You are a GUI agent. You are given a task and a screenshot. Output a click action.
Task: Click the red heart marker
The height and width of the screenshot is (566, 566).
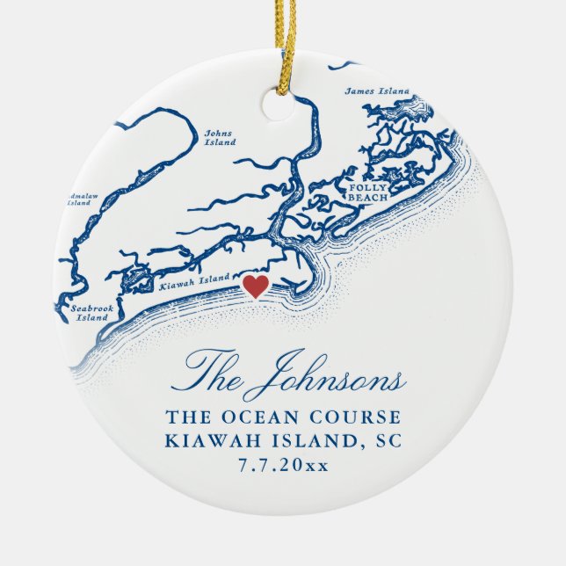point(254,286)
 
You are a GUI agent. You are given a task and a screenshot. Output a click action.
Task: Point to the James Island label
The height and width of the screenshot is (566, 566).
point(377,91)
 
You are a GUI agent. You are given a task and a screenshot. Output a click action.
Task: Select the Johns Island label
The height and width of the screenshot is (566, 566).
point(219,138)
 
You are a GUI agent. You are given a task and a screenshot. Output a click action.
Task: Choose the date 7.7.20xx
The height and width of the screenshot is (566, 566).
point(283,465)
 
